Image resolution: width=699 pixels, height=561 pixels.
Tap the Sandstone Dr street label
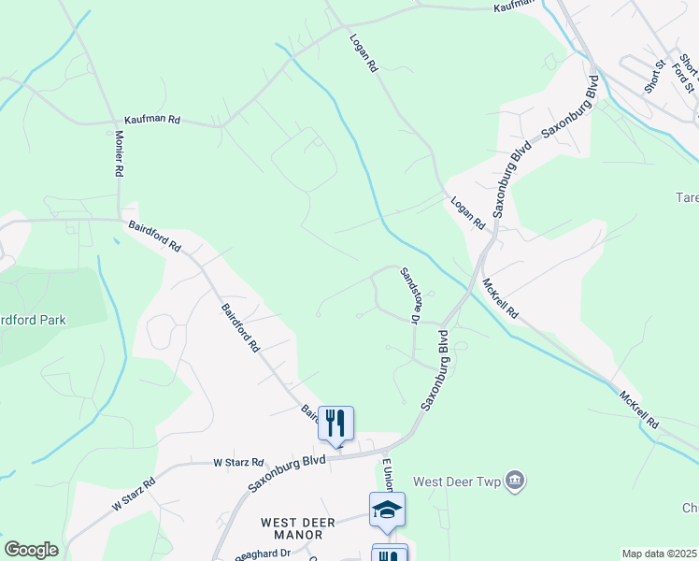pyautogui.click(x=409, y=295)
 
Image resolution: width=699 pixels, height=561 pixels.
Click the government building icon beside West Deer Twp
pyautogui.click(x=513, y=482)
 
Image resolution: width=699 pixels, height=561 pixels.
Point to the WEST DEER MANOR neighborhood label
pyautogui.click(x=292, y=528)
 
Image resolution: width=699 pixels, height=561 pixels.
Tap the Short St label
pyautogui.click(x=654, y=76)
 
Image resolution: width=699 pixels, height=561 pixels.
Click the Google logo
pyautogui.click(x=31, y=550)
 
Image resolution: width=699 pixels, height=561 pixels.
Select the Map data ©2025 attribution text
pyautogui.click(x=659, y=554)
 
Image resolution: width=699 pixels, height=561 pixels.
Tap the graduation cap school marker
pyautogui.click(x=387, y=510)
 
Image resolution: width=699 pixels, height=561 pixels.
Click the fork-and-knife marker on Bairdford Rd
pyautogui.click(x=335, y=424)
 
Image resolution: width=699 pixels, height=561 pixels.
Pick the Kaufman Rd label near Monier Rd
pyautogui.click(x=151, y=122)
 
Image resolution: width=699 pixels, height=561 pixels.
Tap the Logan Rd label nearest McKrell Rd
pyautogui.click(x=467, y=212)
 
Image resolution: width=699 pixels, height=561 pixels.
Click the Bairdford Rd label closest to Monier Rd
pyautogui.click(x=154, y=234)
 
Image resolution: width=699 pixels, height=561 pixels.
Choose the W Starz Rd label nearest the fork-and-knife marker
pyautogui.click(x=238, y=463)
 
